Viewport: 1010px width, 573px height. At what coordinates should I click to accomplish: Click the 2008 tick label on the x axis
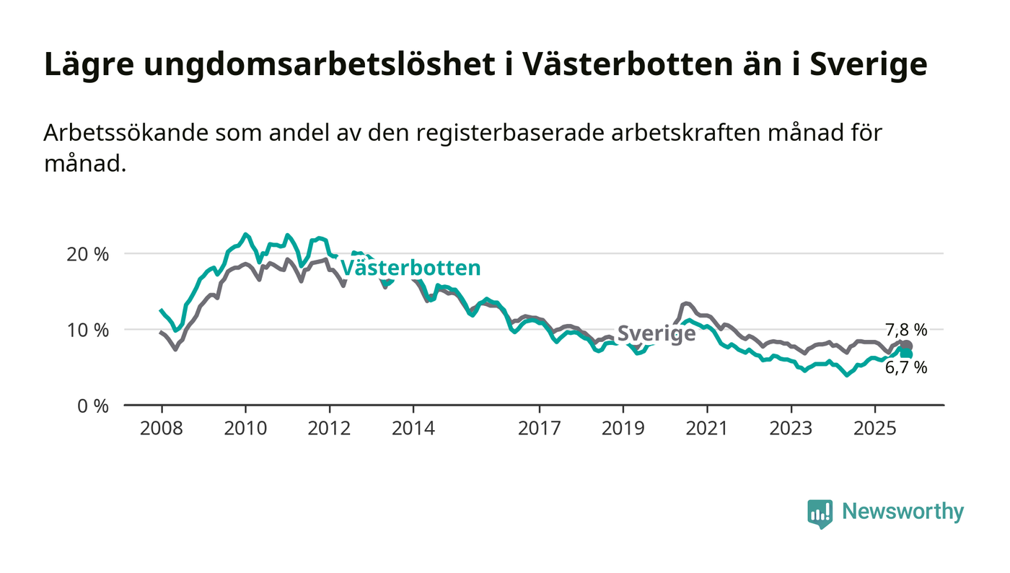[161, 429]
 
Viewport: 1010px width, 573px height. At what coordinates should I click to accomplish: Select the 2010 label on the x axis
[245, 429]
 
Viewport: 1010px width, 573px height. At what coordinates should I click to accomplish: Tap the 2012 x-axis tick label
[329, 429]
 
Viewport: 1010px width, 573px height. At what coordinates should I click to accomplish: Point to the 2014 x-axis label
[413, 429]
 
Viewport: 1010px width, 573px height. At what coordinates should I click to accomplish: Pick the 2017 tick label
[539, 429]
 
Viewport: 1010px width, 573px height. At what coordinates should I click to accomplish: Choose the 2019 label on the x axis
[623, 429]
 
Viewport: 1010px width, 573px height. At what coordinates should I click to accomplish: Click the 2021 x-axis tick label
[707, 429]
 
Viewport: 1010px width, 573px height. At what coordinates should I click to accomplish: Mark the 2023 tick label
[791, 429]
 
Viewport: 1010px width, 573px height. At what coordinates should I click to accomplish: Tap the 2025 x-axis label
[874, 429]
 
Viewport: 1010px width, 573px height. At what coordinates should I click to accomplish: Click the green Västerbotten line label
[410, 268]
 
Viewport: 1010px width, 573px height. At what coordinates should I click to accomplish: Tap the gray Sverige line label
[656, 333]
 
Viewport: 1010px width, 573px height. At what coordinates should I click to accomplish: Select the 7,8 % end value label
[906, 331]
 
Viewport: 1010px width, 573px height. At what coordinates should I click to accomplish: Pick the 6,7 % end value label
[906, 368]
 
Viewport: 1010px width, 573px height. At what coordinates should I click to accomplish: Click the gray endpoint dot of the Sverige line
[907, 346]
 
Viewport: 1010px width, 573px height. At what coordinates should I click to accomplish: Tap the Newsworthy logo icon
[820, 514]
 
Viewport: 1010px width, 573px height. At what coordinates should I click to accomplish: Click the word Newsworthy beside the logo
[903, 512]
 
